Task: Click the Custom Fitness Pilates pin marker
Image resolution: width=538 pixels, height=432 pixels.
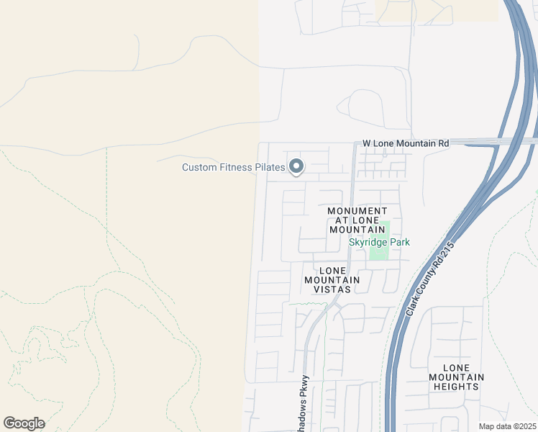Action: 296,167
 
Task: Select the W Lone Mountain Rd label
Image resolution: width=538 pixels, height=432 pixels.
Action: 406,143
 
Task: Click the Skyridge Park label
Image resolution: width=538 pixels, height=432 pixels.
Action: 379,242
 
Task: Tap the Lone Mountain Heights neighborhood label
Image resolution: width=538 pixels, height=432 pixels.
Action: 456,377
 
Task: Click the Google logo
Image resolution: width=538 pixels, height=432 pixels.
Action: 24,423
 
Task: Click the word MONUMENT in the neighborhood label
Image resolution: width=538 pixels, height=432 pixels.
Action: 347,211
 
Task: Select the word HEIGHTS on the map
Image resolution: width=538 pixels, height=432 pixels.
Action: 456,387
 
